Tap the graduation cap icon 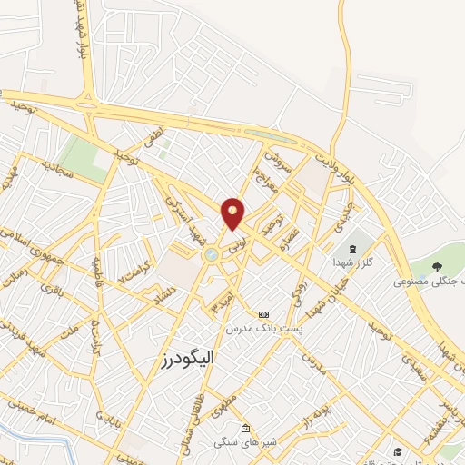[x=398, y=451]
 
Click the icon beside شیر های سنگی [x=244, y=428]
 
